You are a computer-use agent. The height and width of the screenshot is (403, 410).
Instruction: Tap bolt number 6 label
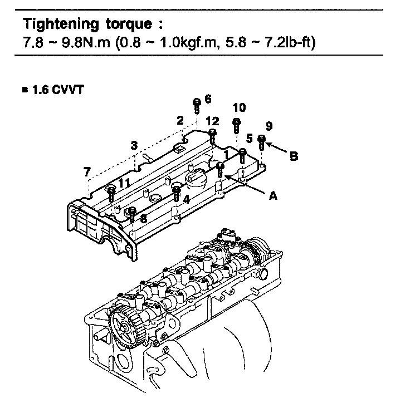tap(208, 99)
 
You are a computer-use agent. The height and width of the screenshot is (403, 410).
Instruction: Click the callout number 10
tap(239, 107)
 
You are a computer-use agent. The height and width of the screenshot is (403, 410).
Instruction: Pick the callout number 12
tap(212, 121)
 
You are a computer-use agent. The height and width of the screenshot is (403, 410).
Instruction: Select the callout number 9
tap(269, 125)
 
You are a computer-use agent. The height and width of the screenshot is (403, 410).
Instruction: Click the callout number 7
tap(87, 172)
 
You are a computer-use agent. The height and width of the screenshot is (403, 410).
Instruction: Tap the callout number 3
tap(134, 145)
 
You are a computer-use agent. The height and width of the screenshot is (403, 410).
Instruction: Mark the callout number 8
tap(143, 219)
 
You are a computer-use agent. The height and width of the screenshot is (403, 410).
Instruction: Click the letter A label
tap(273, 195)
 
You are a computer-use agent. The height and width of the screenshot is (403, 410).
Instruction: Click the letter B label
tap(294, 156)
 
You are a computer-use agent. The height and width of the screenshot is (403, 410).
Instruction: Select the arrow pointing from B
tap(277, 148)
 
